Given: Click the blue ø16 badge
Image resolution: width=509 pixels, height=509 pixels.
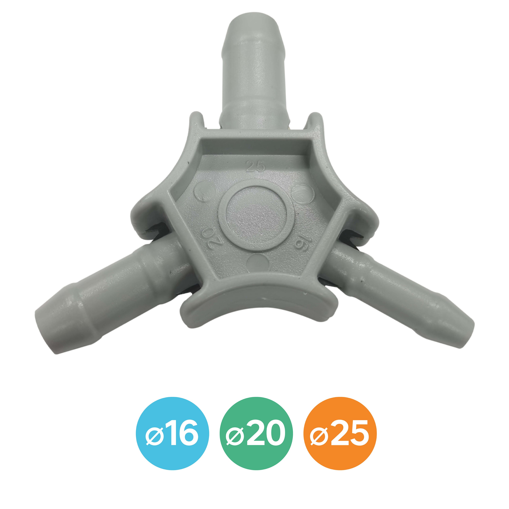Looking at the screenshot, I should pos(172,432).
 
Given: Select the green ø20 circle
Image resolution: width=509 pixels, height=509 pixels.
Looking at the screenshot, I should pos(256,432).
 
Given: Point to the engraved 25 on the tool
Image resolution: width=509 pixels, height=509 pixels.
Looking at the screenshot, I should pos(255,166).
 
